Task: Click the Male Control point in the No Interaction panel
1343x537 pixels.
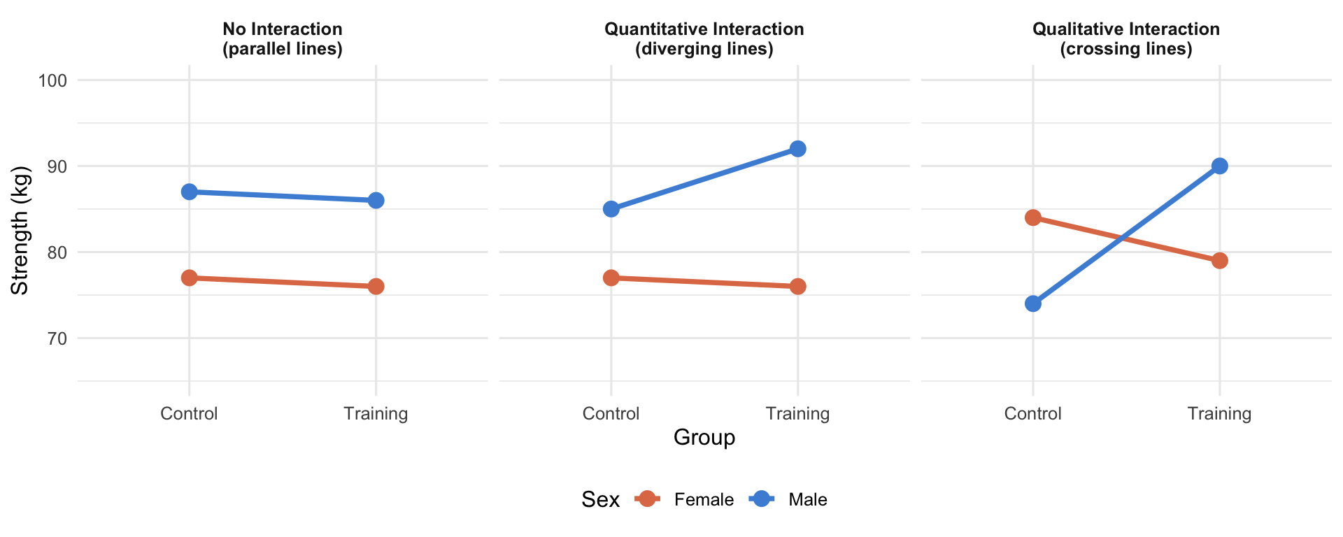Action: (189, 192)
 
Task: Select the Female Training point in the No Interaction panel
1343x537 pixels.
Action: (376, 287)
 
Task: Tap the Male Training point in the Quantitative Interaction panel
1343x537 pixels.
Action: (797, 149)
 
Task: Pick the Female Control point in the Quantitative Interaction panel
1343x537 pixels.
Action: (611, 278)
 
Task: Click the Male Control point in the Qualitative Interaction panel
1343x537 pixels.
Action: (1032, 303)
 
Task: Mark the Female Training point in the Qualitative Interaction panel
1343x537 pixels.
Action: (1219, 261)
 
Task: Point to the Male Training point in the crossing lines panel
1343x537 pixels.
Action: (1219, 166)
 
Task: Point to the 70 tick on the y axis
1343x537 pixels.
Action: (57, 338)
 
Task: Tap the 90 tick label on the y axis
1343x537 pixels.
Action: (57, 166)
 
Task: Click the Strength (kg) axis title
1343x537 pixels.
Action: (20, 231)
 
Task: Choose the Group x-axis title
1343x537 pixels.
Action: (704, 438)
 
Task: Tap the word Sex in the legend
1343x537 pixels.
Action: (601, 500)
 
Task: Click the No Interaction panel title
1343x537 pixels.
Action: (283, 39)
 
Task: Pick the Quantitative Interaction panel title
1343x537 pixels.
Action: (704, 39)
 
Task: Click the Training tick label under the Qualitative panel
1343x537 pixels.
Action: (1219, 414)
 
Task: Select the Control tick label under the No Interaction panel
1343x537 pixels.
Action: (189, 414)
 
